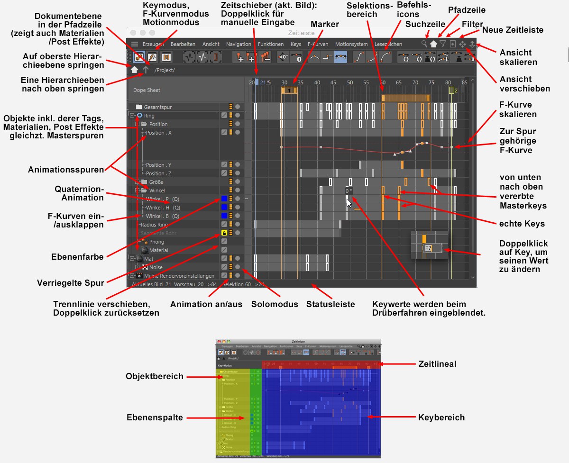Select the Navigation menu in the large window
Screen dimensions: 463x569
pos(239,44)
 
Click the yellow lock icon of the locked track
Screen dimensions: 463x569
pos(224,233)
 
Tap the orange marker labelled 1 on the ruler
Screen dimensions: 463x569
pos(289,90)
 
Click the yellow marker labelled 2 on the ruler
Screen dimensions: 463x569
pos(452,90)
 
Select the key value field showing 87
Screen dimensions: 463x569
pos(429,248)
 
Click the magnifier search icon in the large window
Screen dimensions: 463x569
pos(424,44)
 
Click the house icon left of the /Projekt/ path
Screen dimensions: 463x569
pos(135,70)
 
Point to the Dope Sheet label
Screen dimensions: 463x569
pos(147,90)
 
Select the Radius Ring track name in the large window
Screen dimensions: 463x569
pos(154,225)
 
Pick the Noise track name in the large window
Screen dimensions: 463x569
pos(156,267)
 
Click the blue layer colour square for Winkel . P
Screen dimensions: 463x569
pos(224,199)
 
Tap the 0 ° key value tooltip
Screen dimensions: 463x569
pos(349,191)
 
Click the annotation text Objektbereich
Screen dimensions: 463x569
pos(155,377)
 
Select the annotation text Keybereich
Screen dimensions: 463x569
pos(441,418)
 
